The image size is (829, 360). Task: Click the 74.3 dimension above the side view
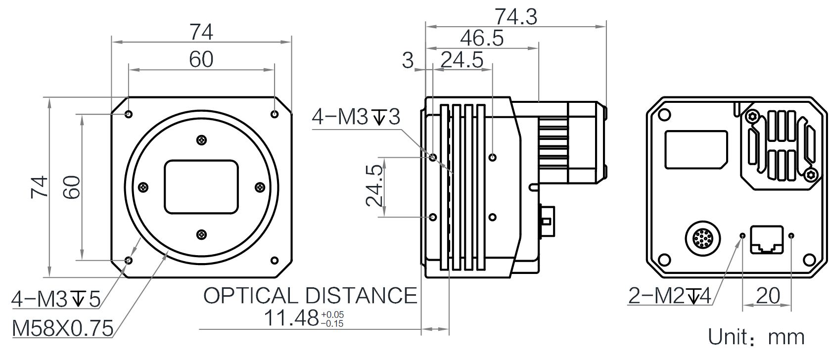coord(515,17)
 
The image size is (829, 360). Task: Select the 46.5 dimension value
coord(481,39)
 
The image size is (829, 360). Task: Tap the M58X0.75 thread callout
coord(62,328)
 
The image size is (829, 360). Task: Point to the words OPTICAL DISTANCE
coord(310,296)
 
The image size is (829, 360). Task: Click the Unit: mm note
coord(756,337)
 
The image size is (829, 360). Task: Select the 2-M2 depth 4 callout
coord(669,296)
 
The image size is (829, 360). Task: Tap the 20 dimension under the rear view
coord(768,296)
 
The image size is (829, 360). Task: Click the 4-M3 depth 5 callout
coord(56,299)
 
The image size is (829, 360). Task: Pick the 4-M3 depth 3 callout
coord(356,117)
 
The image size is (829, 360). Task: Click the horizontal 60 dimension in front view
coord(201,59)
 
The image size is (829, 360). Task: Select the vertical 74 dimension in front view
coord(39,186)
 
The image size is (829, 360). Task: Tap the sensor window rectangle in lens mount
coord(201,187)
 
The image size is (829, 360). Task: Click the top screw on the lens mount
coord(201,140)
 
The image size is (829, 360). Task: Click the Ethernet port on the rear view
coord(767,240)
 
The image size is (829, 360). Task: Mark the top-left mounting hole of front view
coord(129,114)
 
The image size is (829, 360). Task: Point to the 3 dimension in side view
coord(408,60)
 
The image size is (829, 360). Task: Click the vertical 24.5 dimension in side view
coord(374,186)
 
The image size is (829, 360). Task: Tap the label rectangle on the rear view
coord(695,149)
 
